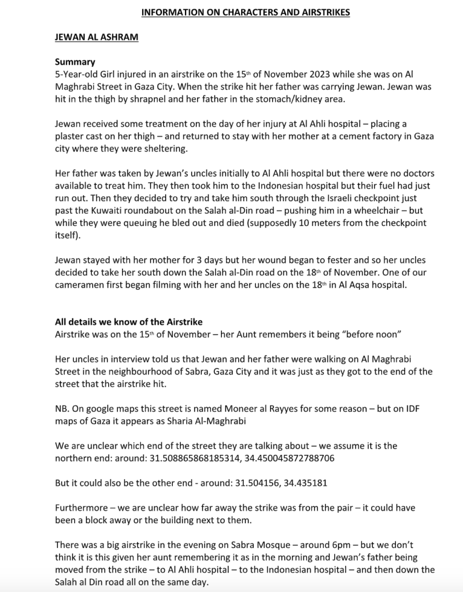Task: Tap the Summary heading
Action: pos(75,62)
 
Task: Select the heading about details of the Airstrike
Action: pos(128,322)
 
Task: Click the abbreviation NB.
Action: pos(62,409)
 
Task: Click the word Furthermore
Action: pos(83,509)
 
